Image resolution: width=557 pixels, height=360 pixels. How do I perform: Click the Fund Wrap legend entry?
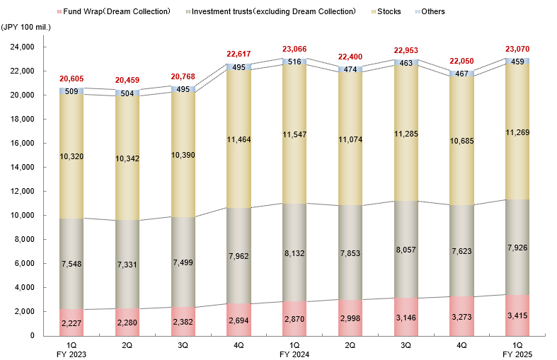(117, 12)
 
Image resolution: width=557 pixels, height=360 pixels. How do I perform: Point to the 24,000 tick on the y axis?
(23, 47)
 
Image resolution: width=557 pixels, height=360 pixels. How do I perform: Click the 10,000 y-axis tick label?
(23, 216)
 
